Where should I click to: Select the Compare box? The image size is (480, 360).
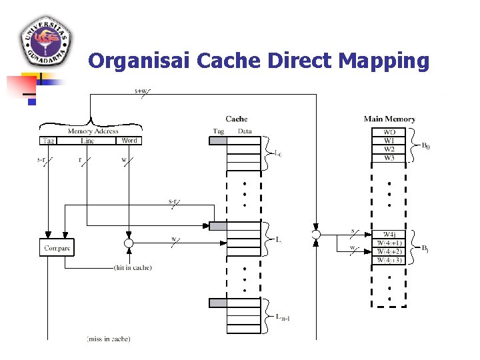57,248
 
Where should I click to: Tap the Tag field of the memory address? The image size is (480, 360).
49,141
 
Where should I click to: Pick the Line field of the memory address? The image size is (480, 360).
87,141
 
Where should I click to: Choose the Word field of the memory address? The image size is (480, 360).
129,141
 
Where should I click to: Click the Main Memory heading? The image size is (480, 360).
389,119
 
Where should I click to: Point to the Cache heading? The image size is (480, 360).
237,119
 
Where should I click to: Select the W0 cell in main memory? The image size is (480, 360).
389,132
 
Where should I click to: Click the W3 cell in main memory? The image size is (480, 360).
389,158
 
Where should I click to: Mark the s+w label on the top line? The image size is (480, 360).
141,91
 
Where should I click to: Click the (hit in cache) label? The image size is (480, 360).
133,268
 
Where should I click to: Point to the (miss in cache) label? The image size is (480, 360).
109,339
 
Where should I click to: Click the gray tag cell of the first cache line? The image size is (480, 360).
218,141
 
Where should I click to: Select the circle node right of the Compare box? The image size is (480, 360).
129,244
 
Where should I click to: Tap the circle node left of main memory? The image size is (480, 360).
316,234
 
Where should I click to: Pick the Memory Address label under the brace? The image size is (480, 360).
93,131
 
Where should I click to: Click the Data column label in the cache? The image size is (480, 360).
245,131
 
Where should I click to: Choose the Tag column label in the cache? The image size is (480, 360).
219,131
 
